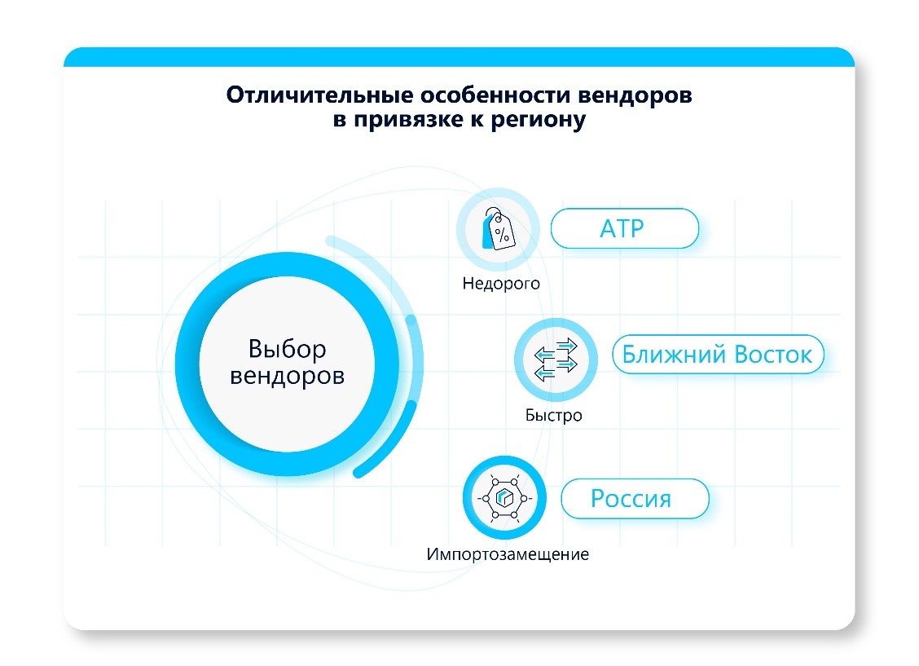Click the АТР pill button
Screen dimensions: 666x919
pyautogui.click(x=624, y=228)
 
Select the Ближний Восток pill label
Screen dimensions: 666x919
pyautogui.click(x=717, y=355)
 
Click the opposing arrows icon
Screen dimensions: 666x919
pyautogui.click(x=555, y=359)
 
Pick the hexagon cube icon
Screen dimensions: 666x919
pyautogui.click(x=503, y=497)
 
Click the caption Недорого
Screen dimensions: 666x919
pyautogui.click(x=501, y=284)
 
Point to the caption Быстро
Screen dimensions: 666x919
pyautogui.click(x=554, y=415)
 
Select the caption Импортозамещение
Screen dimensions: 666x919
pyautogui.click(x=508, y=554)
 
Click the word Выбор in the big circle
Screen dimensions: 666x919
pyautogui.click(x=288, y=349)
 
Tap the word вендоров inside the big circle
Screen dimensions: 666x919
pyautogui.click(x=288, y=377)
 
